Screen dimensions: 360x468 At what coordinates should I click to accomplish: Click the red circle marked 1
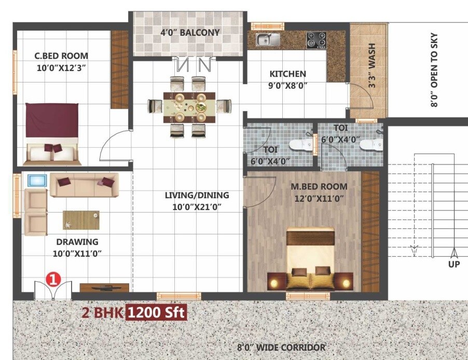[53, 279]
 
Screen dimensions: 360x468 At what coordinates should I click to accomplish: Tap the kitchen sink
[268, 38]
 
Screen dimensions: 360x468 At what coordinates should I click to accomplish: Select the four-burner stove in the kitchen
[316, 39]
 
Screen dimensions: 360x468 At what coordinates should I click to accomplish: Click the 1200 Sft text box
[156, 313]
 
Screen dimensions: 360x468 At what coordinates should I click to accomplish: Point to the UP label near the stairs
[454, 264]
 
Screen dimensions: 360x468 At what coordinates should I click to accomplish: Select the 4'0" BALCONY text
[190, 32]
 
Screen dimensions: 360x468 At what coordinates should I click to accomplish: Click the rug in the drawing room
[81, 220]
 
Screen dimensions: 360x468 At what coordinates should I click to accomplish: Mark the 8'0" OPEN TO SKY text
[434, 70]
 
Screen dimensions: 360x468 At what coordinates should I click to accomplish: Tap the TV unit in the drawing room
[104, 287]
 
